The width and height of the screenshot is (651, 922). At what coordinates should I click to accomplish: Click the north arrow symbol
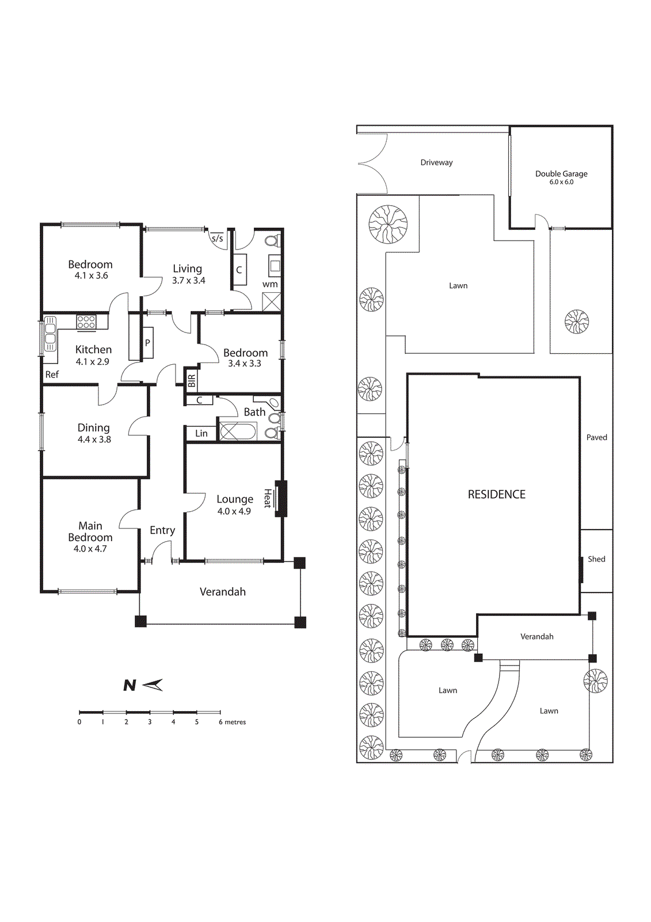[x=153, y=685]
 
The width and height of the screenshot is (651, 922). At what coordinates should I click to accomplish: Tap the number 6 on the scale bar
[x=220, y=722]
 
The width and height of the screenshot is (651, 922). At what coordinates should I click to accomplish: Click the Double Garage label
[x=561, y=173]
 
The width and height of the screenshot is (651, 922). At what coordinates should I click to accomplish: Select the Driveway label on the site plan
[x=436, y=163]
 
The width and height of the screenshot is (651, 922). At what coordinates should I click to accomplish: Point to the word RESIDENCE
[x=496, y=494]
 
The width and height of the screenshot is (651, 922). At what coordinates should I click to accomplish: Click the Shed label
[x=596, y=559]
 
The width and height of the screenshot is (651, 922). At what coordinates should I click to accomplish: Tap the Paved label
[x=596, y=437]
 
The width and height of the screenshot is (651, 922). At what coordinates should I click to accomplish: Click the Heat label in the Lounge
[x=267, y=498]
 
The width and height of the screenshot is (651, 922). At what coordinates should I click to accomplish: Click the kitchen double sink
[x=50, y=334]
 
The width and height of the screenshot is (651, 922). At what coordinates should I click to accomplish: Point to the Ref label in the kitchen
[x=52, y=375]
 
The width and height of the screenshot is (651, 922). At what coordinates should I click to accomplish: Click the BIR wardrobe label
[x=191, y=381]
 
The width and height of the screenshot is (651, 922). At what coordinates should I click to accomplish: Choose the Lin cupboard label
[x=201, y=433]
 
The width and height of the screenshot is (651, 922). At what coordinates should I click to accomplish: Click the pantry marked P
[x=147, y=343]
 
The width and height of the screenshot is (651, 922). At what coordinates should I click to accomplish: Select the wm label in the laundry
[x=270, y=285]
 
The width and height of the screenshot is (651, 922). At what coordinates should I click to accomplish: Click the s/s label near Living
[x=217, y=239]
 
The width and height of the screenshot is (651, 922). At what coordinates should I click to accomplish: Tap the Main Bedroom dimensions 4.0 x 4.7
[x=90, y=549]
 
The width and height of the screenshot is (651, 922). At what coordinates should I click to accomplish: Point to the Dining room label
[x=94, y=428]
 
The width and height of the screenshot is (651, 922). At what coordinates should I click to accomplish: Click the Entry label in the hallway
[x=162, y=531]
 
